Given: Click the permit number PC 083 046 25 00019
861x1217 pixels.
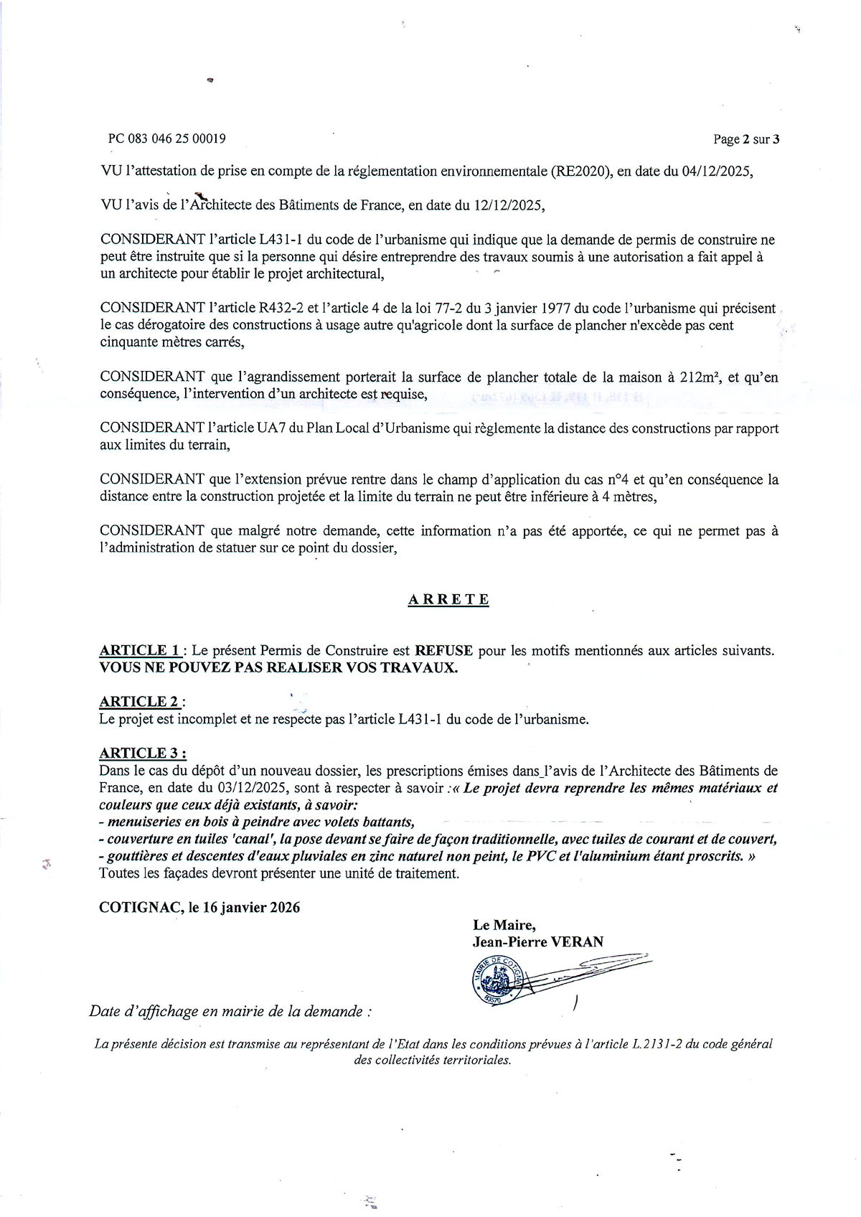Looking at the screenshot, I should tap(166, 138).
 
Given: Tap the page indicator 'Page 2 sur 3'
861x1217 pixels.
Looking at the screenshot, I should tap(745, 139).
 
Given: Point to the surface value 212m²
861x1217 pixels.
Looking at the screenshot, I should tap(700, 377).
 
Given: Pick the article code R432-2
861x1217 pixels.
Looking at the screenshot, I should tap(276, 308).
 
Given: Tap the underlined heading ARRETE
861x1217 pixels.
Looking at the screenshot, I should tap(448, 599).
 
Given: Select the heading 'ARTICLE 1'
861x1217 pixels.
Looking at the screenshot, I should tap(140, 650).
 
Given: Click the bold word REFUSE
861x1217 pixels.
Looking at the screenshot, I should tap(443, 650).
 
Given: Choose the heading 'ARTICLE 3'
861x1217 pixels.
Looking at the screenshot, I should tap(142, 753).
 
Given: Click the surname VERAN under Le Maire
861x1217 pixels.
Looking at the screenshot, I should tap(576, 941).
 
